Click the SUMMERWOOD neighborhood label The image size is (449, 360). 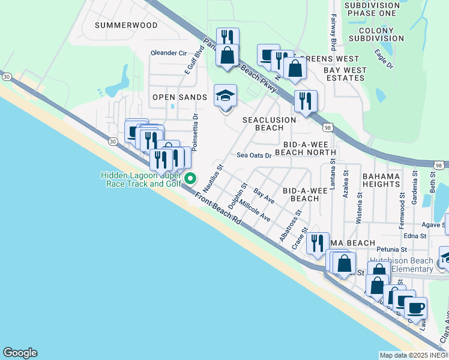tap(126, 25)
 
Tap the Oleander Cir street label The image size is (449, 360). tap(169, 53)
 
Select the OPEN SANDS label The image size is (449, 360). tap(179, 97)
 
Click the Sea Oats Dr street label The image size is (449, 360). tap(254, 155)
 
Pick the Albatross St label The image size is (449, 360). tap(290, 226)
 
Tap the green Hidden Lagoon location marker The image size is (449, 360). tap(190, 178)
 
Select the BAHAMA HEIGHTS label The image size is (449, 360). tap(381, 180)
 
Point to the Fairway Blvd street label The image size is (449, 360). tap(332, 33)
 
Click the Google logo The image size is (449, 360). tap(20, 353)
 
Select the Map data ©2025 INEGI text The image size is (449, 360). tap(414, 355)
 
